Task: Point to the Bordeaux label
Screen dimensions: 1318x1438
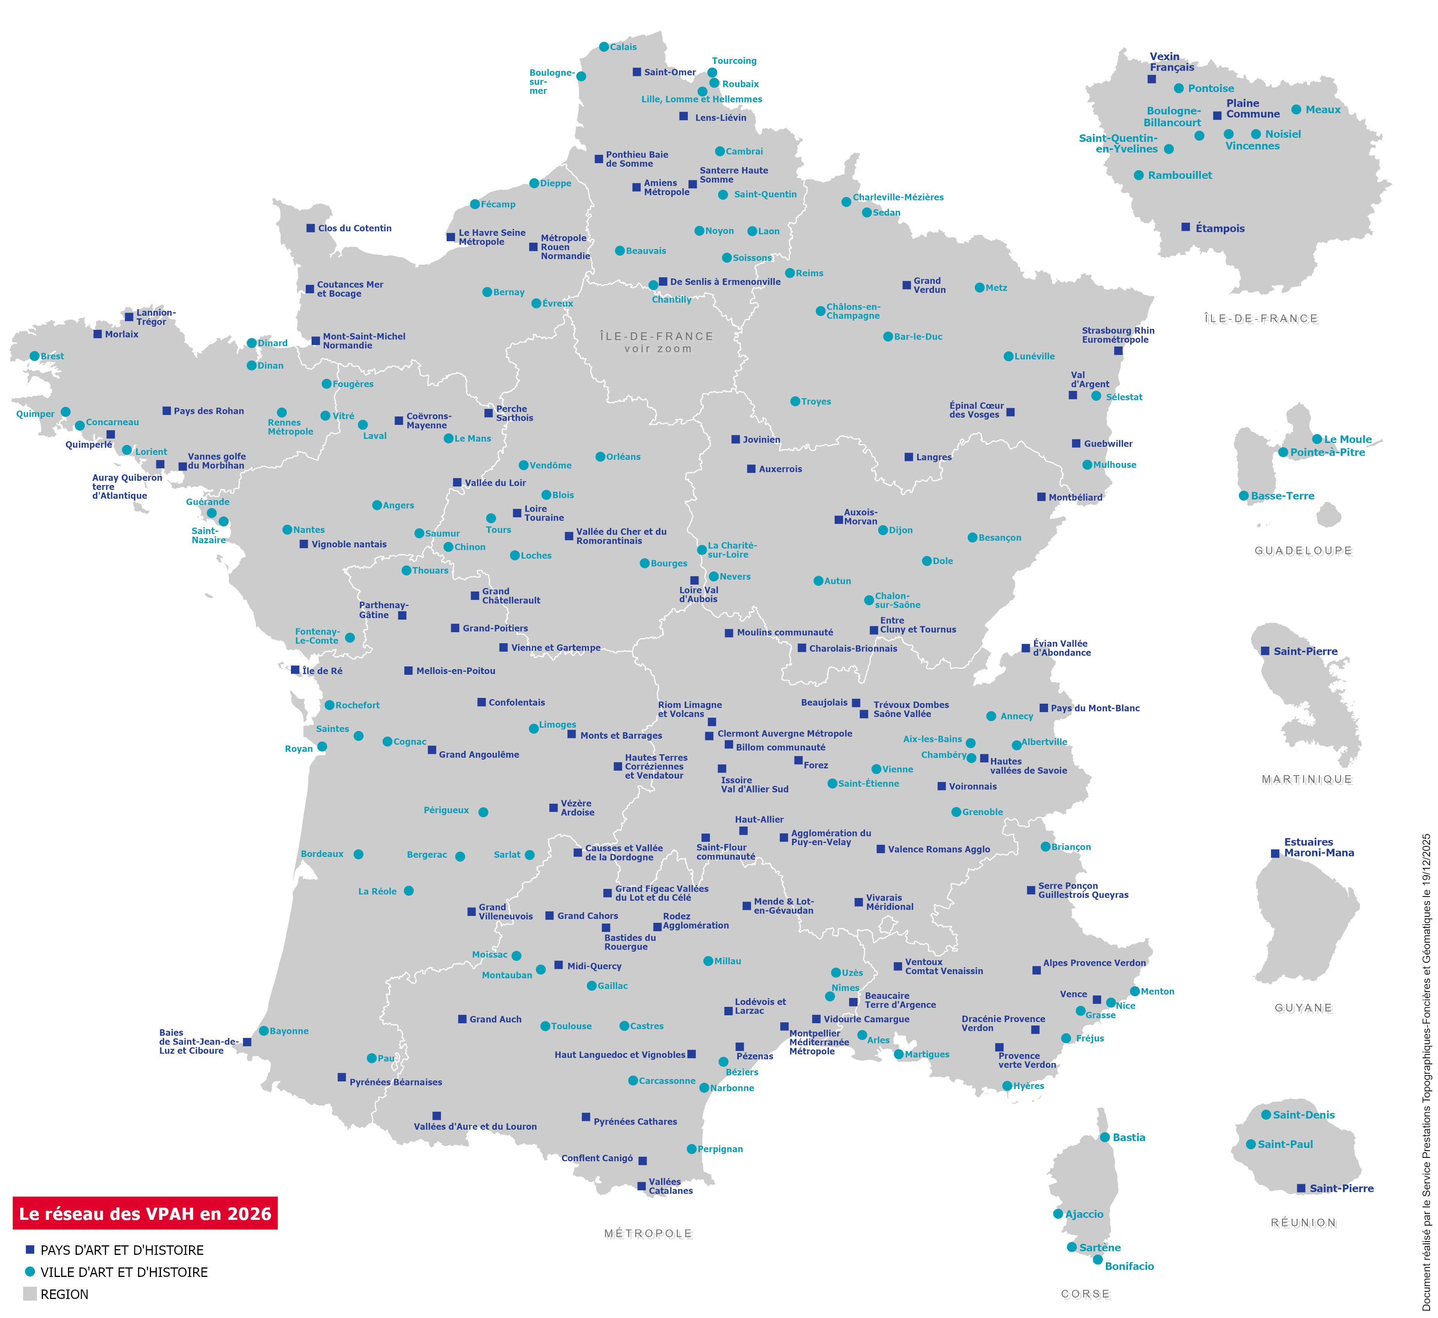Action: click(x=322, y=854)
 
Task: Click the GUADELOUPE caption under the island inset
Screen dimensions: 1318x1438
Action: click(x=1303, y=551)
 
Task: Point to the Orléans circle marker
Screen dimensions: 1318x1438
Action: click(x=600, y=456)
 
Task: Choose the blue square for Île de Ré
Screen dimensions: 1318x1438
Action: click(x=294, y=670)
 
